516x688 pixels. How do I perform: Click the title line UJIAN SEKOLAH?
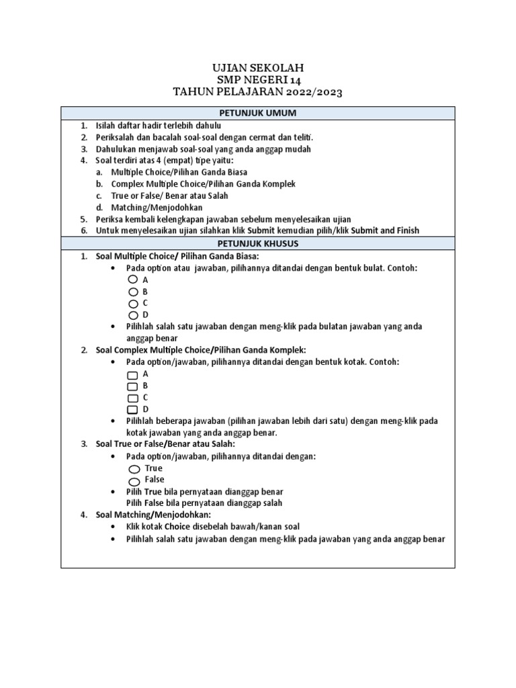pyautogui.click(x=258, y=68)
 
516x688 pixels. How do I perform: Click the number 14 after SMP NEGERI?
pyautogui.click(x=295, y=80)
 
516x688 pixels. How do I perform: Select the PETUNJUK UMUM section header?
pyautogui.click(x=258, y=113)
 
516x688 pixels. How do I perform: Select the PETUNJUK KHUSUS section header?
pyautogui.click(x=258, y=243)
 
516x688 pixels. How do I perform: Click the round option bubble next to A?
pyautogui.click(x=133, y=279)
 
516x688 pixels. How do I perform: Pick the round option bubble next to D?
pyautogui.click(x=133, y=315)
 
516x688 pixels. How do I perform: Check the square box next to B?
pyautogui.click(x=132, y=386)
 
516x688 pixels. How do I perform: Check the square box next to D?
pyautogui.click(x=132, y=410)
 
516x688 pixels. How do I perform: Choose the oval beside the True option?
pyautogui.click(x=134, y=469)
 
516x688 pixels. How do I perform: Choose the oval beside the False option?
pyautogui.click(x=134, y=481)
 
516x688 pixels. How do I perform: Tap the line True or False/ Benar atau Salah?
pyautogui.click(x=169, y=196)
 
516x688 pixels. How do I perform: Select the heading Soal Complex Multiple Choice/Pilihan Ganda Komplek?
pyautogui.click(x=201, y=350)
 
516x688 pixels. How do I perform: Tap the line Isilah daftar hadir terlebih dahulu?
pyautogui.click(x=158, y=126)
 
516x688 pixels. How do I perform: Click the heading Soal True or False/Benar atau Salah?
pyautogui.click(x=166, y=444)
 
